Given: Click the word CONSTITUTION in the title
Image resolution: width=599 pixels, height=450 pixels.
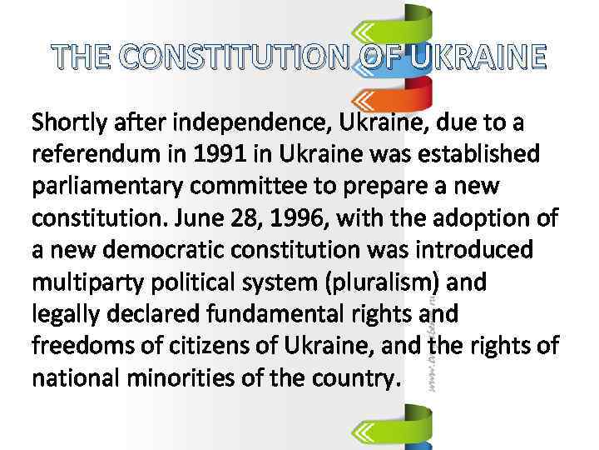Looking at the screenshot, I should (x=230, y=58).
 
